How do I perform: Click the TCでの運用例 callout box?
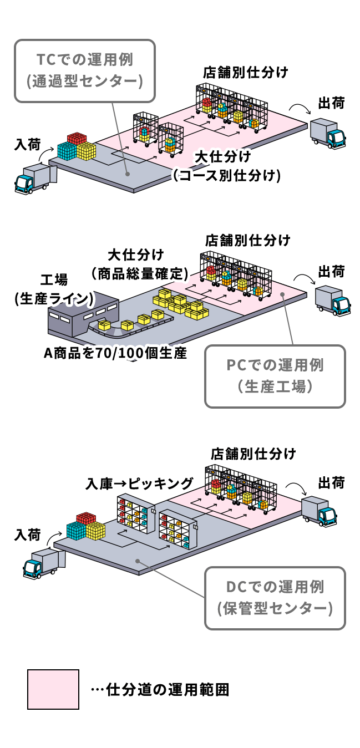click(84, 70)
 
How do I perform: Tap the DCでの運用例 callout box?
click(275, 598)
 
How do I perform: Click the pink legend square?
click(53, 689)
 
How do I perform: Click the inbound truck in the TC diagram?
click(36, 179)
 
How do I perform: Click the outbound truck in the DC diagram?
click(320, 511)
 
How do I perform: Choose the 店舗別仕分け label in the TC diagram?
click(245, 72)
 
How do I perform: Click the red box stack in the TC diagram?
click(77, 139)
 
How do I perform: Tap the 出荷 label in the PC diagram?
click(331, 272)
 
